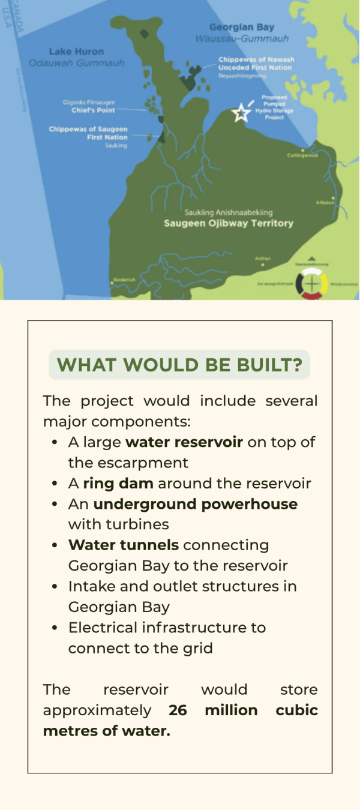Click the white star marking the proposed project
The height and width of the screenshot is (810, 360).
(241, 112)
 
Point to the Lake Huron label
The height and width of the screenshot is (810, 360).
(76, 52)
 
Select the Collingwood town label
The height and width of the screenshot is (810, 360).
(302, 155)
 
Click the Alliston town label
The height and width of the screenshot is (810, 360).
(325, 203)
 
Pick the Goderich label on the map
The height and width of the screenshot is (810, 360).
(122, 280)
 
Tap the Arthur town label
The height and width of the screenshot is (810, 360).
(263, 259)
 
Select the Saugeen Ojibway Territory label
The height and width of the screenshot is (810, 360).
(229, 223)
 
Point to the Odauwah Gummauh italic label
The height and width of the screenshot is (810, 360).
(76, 63)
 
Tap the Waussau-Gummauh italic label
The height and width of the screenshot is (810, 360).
(242, 38)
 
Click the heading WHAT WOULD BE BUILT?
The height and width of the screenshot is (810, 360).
(179, 365)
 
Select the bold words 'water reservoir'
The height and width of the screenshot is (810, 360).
(184, 442)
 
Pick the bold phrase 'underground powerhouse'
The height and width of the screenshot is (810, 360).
(195, 504)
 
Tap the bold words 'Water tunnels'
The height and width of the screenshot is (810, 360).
(124, 545)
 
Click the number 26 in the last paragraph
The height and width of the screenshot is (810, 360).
(178, 710)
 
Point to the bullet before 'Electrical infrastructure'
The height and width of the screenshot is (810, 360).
(55, 628)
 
